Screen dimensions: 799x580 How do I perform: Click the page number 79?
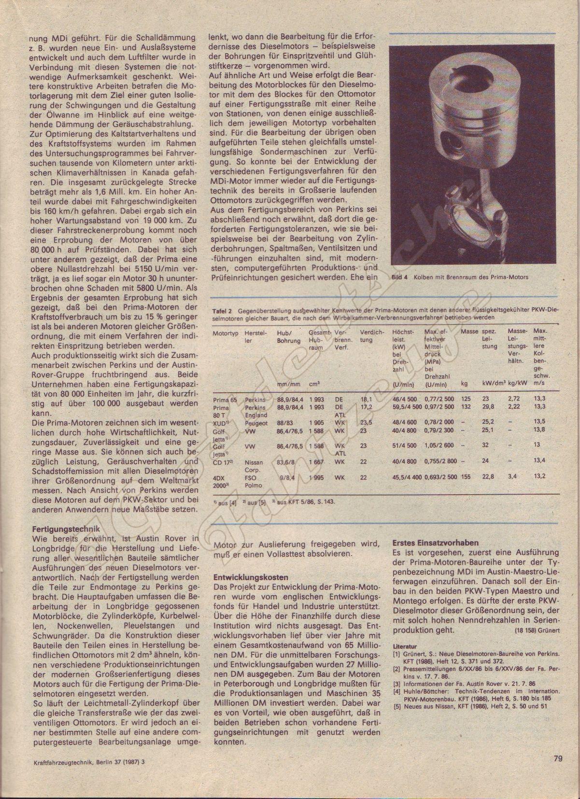click(x=558, y=758)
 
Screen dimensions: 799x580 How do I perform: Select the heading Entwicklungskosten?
click(x=251, y=577)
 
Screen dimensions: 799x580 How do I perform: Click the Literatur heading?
click(x=405, y=645)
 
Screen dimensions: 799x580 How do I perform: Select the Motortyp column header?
click(x=226, y=332)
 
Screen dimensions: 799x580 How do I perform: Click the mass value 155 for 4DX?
click(x=466, y=477)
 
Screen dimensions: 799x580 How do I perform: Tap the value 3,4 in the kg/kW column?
click(x=512, y=477)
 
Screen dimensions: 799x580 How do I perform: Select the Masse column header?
click(x=469, y=332)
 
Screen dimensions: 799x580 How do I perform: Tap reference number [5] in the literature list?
click(x=396, y=707)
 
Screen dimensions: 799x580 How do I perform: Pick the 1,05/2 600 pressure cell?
click(x=439, y=445)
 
